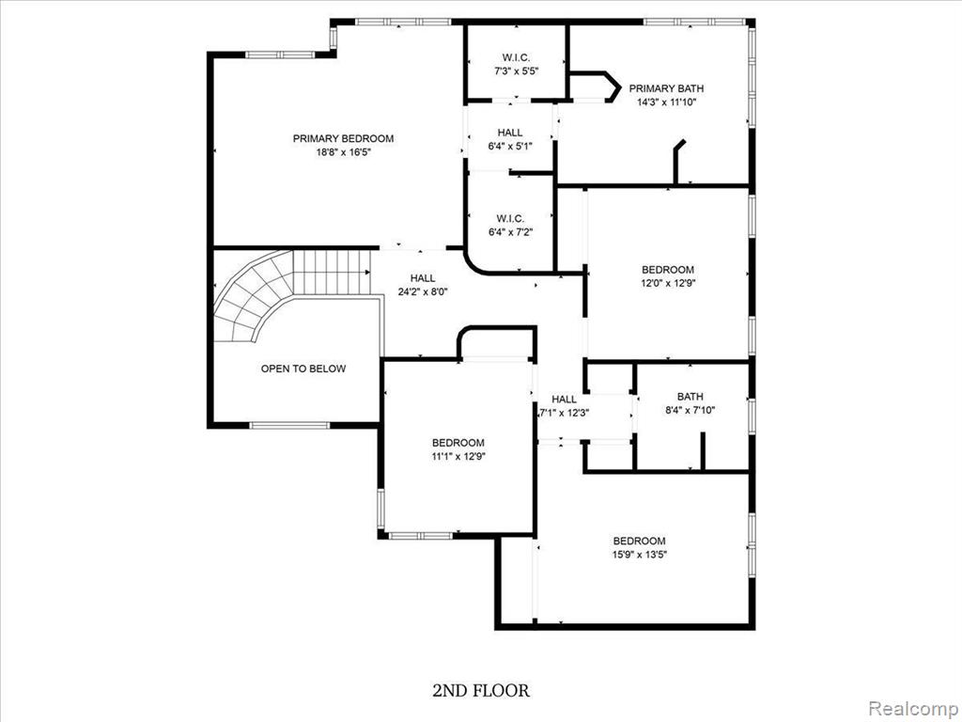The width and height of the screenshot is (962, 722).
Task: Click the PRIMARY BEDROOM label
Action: (x=343, y=139)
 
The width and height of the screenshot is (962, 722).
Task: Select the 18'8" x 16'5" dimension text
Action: (x=344, y=152)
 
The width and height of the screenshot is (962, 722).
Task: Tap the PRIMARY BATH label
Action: (x=666, y=88)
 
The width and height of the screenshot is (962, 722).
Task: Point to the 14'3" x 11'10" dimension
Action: (x=666, y=102)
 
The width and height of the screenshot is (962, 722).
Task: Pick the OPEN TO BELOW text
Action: (x=303, y=369)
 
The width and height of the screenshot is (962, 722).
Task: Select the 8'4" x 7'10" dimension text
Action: (x=690, y=410)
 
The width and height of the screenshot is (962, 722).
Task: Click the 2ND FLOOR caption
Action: (x=481, y=691)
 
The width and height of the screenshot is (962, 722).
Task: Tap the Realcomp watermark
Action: (x=913, y=709)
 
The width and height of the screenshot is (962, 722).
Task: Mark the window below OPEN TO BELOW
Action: (x=289, y=425)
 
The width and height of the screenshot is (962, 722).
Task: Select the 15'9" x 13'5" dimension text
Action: (x=639, y=555)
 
